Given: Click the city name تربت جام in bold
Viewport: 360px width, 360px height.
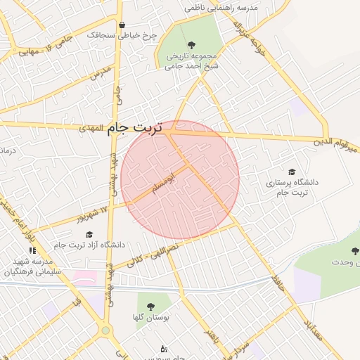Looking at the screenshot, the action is click(x=134, y=129).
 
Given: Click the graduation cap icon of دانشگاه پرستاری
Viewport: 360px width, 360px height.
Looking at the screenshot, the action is click(x=292, y=172).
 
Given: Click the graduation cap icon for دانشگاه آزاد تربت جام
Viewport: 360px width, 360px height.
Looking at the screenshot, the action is click(x=89, y=234).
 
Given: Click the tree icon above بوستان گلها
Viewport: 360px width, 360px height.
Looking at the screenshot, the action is click(x=150, y=306).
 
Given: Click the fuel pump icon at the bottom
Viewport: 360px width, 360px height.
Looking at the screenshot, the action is click(x=164, y=348).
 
